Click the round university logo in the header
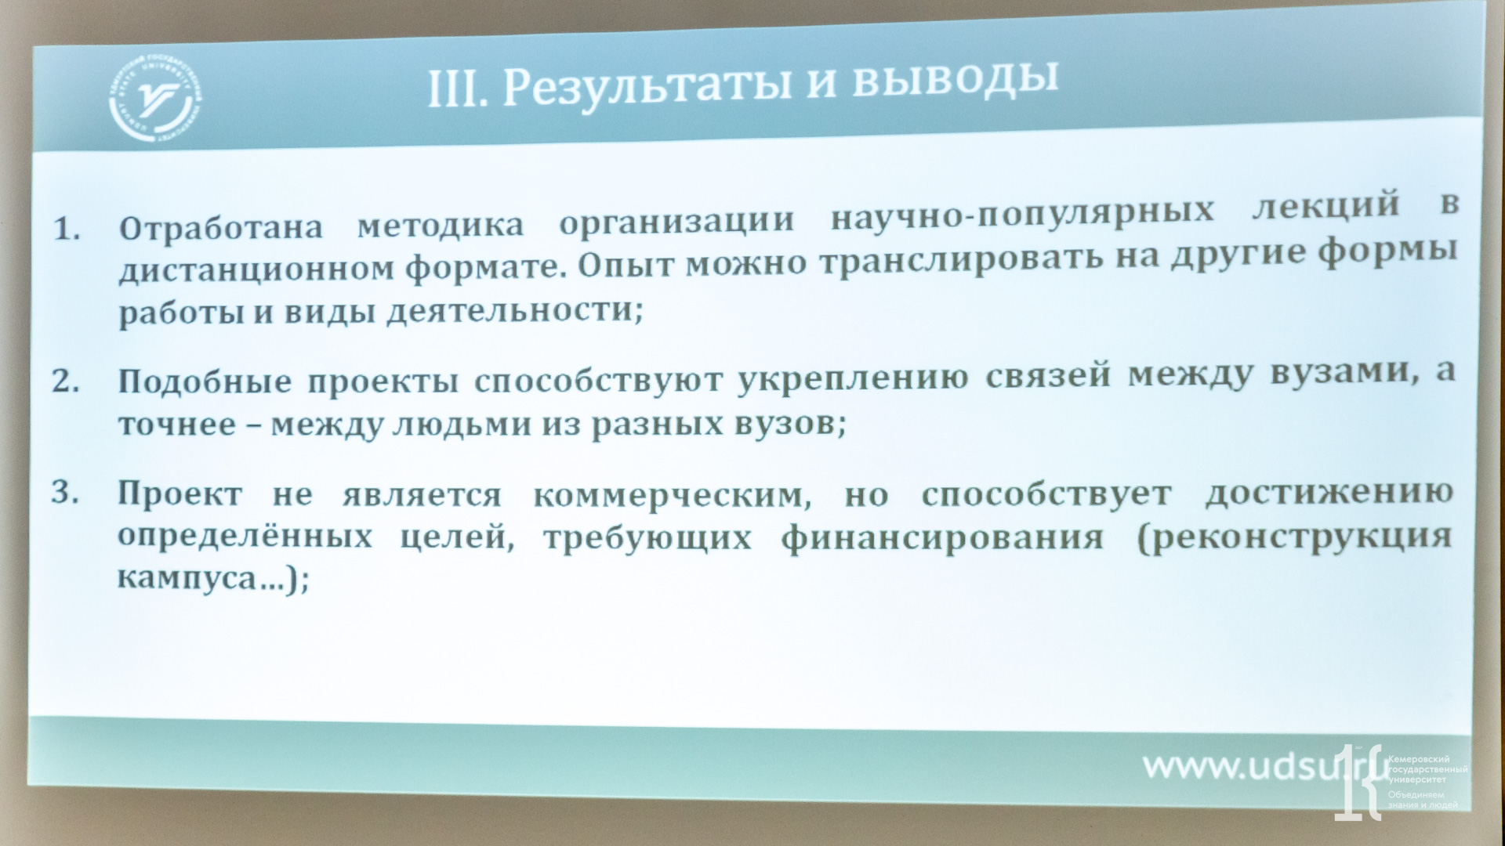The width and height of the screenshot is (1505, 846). pos(154,103)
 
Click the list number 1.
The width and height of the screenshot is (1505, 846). pos(67,230)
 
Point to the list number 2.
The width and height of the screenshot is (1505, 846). pos(66,381)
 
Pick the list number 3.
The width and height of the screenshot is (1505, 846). pos(65,493)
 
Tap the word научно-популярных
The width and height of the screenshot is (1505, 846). pos(1022,212)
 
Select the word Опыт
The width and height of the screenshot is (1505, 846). pos(624,265)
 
